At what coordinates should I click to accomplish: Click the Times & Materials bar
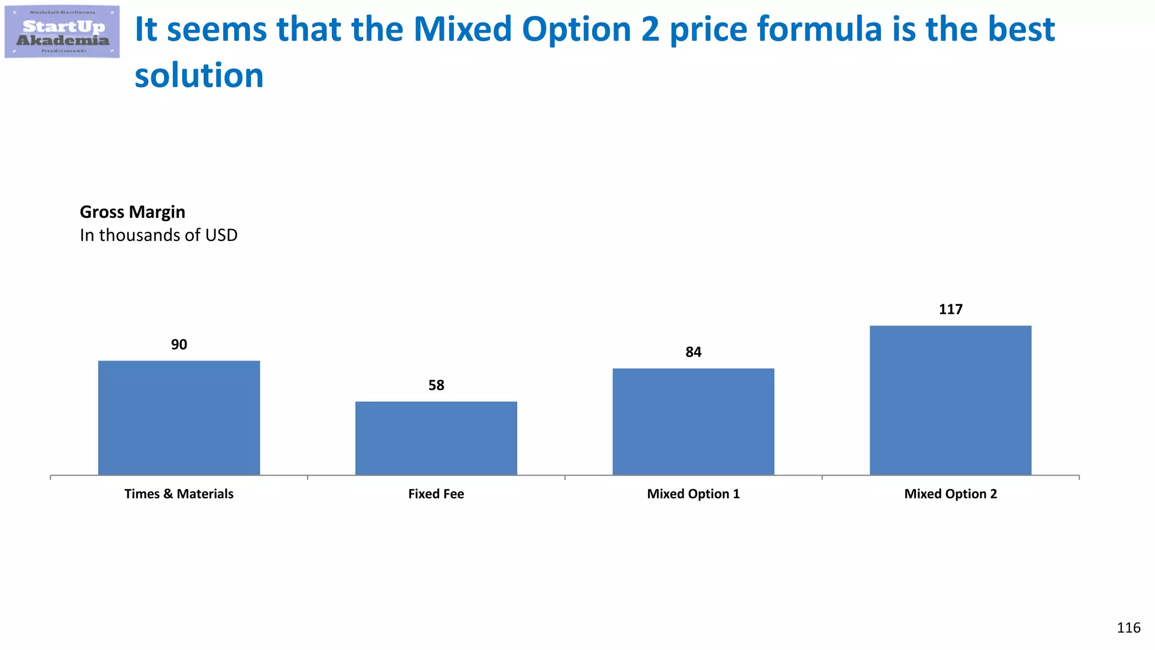pos(179,418)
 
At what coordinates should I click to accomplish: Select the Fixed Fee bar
pos(436,438)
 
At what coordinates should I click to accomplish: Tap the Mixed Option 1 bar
pos(693,421)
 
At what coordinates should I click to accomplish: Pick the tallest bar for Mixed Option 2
pos(950,400)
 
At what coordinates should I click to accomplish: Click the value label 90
pos(179,345)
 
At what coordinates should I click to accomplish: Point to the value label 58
pos(436,385)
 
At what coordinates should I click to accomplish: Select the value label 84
pos(693,352)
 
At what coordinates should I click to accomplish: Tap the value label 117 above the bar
pos(950,309)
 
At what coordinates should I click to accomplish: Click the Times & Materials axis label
pos(179,494)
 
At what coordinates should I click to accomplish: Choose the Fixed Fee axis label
pos(436,494)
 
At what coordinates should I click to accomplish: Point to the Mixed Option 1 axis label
pos(693,494)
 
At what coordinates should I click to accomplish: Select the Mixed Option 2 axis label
pos(950,494)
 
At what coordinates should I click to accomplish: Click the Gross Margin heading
pos(133,212)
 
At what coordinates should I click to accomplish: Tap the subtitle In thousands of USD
pos(158,235)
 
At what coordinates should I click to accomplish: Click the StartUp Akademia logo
pos(62,32)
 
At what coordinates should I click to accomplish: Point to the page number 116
pos(1128,628)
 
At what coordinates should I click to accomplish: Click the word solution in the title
pos(199,76)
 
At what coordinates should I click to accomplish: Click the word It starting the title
pos(146,29)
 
